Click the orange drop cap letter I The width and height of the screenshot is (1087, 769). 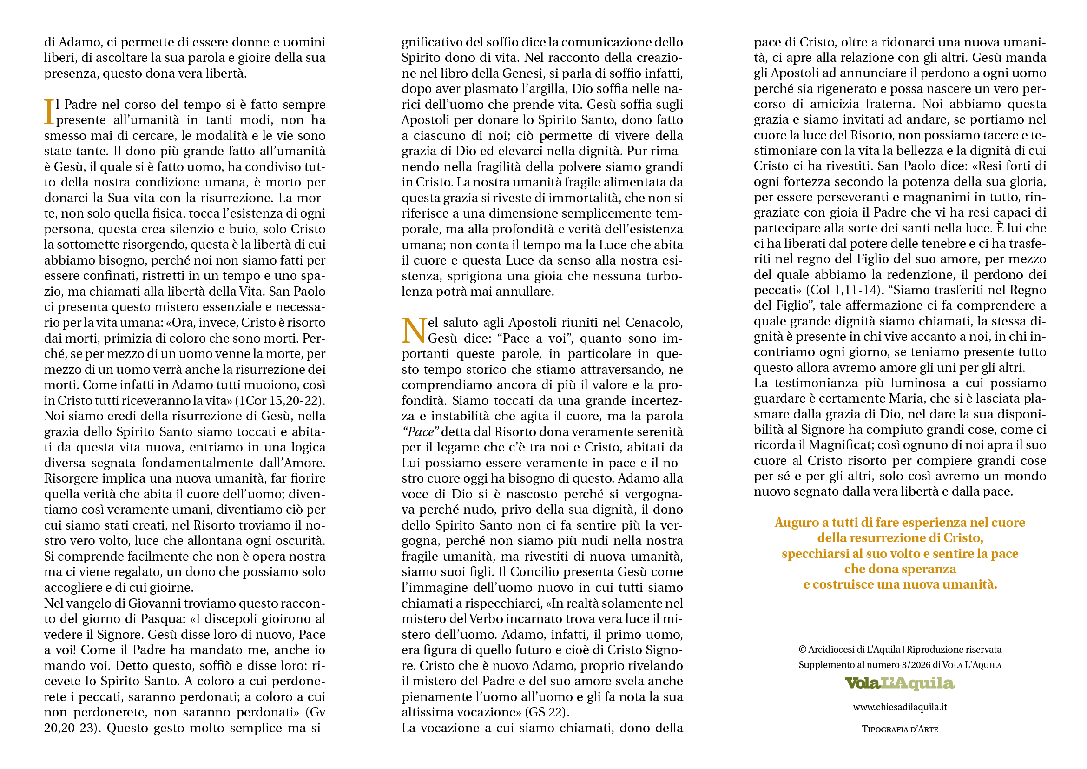click(49, 112)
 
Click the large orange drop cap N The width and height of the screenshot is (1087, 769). click(414, 330)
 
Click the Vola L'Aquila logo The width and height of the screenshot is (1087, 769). click(900, 683)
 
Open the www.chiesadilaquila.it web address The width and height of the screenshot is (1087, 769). click(900, 708)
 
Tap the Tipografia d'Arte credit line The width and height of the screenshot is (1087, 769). click(900, 729)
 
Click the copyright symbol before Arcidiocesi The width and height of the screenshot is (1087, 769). click(803, 650)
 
